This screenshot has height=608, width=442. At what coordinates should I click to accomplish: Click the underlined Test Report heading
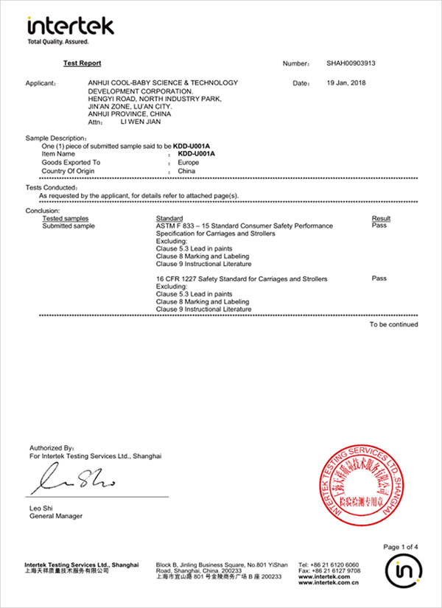pyautogui.click(x=82, y=64)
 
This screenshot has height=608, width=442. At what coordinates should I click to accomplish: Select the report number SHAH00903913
pyautogui.click(x=351, y=64)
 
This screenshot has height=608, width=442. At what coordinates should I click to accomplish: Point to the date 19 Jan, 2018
pyautogui.click(x=346, y=83)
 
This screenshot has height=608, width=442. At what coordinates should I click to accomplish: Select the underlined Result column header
pyautogui.click(x=381, y=219)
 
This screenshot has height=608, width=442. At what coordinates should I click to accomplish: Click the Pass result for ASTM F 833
pyautogui.click(x=379, y=226)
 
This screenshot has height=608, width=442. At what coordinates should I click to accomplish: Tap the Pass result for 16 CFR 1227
pyautogui.click(x=379, y=279)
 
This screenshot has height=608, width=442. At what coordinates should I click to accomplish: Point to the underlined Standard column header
pyautogui.click(x=169, y=219)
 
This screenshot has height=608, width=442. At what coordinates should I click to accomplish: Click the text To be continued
pyautogui.click(x=393, y=324)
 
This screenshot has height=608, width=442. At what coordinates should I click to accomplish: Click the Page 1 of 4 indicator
pyautogui.click(x=401, y=547)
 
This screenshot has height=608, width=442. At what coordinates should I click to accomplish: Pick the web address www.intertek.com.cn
pyautogui.click(x=329, y=582)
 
